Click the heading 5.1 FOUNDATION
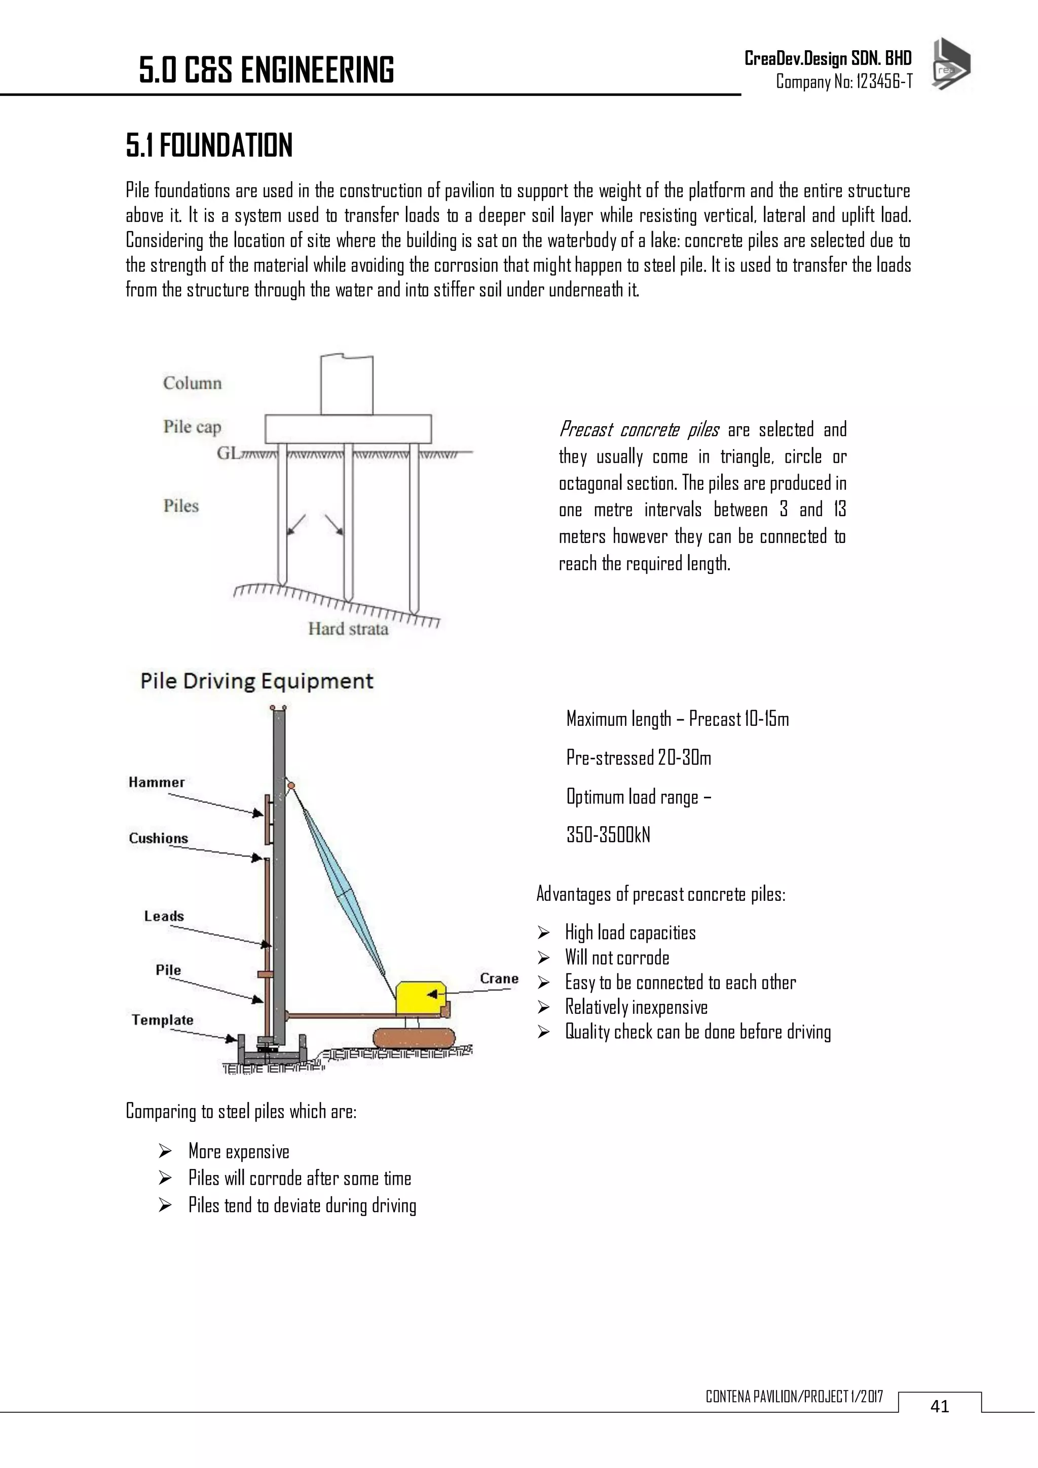tap(209, 146)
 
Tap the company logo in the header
tap(950, 64)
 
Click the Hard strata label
tap(348, 629)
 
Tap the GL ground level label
tap(228, 453)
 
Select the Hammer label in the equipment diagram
tap(157, 782)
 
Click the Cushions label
tap(159, 838)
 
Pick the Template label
tap(162, 1020)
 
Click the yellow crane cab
tap(419, 998)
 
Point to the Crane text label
tap(499, 979)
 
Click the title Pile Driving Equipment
tap(256, 681)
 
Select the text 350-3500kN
tap(608, 835)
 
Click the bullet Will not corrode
tap(617, 958)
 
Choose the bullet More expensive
tap(238, 1152)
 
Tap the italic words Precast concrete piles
tap(639, 430)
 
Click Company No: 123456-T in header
tap(844, 82)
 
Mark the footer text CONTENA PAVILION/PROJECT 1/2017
tap(794, 1397)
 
